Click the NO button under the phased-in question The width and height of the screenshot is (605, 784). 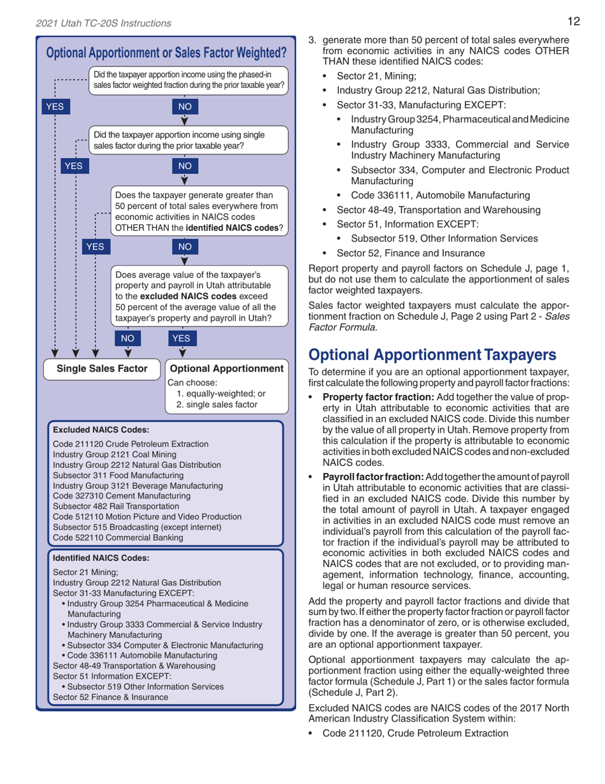coord(185,106)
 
